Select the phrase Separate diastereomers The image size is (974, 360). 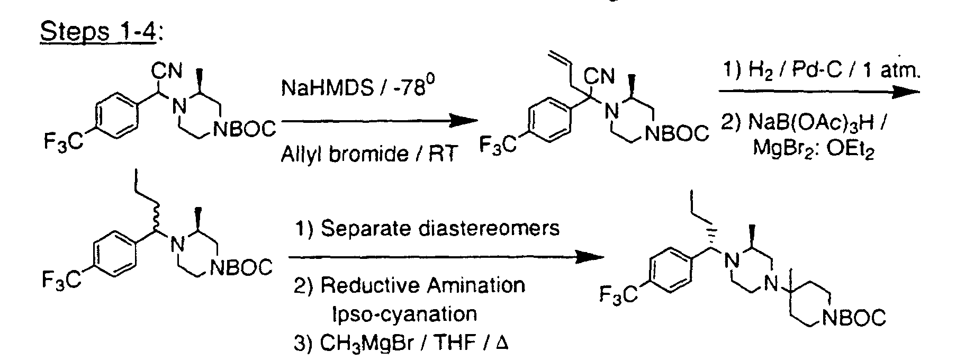440,228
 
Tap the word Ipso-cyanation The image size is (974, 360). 404,314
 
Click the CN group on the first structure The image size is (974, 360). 167,69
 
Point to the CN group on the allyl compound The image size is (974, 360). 599,77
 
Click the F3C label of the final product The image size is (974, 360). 619,294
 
